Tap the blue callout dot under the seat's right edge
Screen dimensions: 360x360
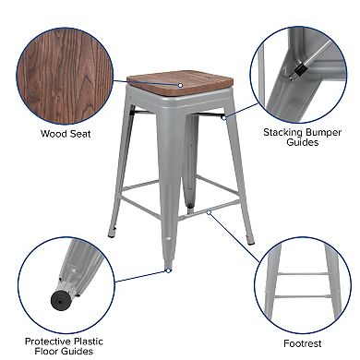coord(223,116)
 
